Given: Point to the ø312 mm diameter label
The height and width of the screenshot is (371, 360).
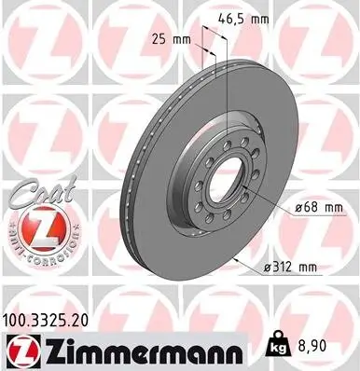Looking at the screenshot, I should [x=291, y=268].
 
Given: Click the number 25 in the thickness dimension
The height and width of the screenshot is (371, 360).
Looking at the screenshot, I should [x=159, y=39].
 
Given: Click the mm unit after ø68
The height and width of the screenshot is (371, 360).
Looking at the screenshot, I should [x=307, y=208].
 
